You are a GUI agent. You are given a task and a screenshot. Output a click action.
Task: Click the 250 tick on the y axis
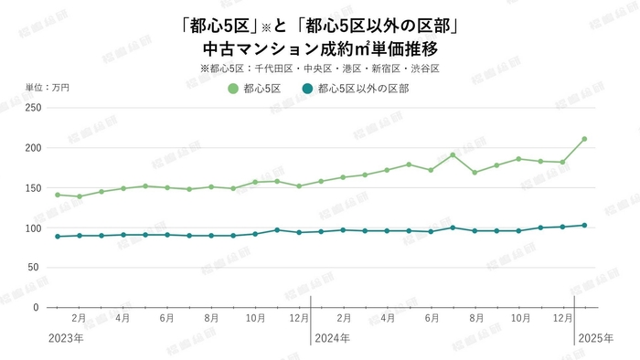(32, 108)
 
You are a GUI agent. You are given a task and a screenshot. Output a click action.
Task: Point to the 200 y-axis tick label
(32, 148)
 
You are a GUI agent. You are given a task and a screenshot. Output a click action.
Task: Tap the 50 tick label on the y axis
(35, 268)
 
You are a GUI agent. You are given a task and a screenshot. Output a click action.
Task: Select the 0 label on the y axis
(37, 308)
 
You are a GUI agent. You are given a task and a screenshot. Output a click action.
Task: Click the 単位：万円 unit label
(48, 88)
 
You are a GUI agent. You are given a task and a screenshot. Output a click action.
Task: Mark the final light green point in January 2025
(584, 139)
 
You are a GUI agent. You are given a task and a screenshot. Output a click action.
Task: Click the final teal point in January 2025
(584, 225)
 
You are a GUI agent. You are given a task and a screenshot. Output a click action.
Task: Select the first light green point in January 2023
(58, 195)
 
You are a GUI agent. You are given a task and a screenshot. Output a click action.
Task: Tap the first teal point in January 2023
(58, 237)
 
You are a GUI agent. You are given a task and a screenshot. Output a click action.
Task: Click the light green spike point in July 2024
(453, 154)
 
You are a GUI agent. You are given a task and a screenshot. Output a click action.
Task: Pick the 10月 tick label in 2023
(255, 319)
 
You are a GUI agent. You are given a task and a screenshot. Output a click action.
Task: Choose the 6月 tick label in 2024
(431, 319)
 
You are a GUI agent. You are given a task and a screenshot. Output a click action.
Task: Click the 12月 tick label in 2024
(562, 319)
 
